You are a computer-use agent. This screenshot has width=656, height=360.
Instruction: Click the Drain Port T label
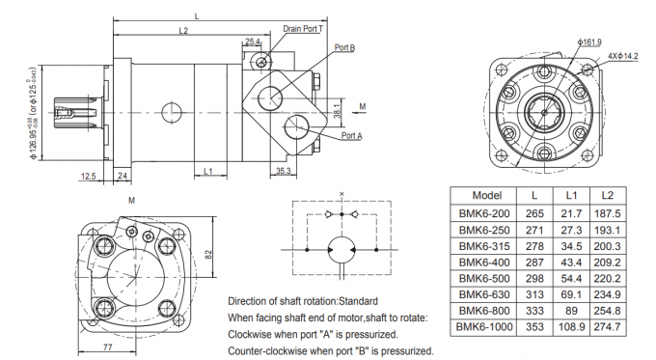tap(303, 29)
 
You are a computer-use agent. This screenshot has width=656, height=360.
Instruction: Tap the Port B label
tap(344, 47)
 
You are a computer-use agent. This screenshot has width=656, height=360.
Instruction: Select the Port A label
tap(352, 136)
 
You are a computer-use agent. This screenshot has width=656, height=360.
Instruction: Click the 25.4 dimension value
tap(253, 42)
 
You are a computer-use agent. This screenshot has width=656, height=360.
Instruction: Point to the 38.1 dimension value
tap(338, 111)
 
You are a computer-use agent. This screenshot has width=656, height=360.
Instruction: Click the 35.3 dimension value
tap(284, 171)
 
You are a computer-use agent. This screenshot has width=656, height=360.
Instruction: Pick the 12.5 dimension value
tap(89, 177)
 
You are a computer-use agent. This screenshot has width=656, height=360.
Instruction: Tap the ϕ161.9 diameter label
tap(589, 42)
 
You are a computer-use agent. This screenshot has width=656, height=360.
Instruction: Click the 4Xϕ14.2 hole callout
tap(623, 56)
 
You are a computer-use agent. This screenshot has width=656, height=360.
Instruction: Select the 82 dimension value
tap(208, 255)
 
